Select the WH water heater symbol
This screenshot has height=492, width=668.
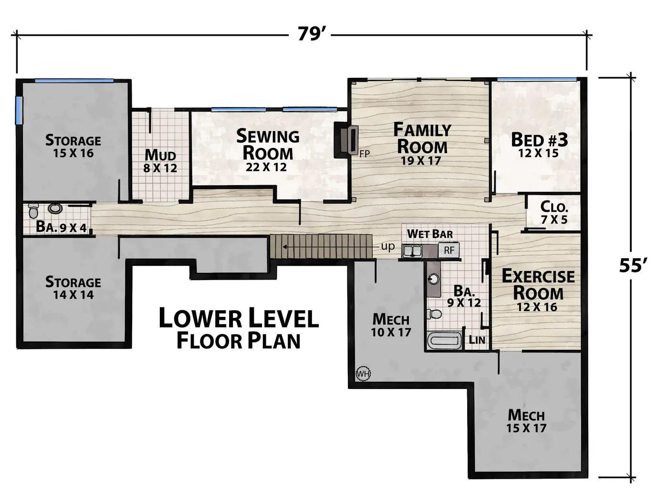pos(363,373)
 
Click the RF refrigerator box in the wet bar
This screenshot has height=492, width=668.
pos(449,250)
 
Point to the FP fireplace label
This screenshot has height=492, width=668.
pos(365,154)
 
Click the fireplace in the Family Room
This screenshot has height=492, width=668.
pos(346,139)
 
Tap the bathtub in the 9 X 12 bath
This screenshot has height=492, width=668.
pos(445,340)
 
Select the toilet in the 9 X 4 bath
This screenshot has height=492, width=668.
pos(34,210)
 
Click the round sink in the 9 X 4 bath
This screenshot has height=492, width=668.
pos(55,209)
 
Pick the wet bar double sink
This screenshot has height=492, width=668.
pos(412,251)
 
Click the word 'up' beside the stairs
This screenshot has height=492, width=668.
pos(388,247)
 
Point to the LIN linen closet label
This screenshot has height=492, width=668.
pos(477,340)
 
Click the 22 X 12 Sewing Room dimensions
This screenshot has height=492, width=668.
pos(266,167)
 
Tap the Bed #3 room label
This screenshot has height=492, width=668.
pos(540,139)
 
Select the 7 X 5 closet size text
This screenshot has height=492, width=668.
pos(554,220)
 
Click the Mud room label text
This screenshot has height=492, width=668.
pos(160,155)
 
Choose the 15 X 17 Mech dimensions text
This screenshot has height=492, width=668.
pos(526,428)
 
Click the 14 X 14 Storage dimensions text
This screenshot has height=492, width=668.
pos(73,295)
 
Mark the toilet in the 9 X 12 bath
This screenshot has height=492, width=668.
pos(434,314)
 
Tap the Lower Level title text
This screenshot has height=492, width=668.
pos(239,318)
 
